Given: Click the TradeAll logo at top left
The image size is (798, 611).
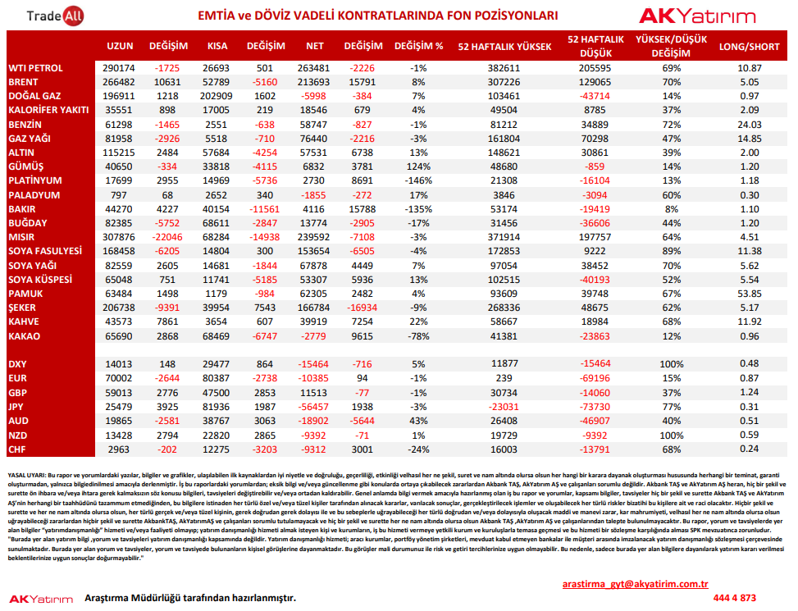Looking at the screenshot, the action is tap(55, 16).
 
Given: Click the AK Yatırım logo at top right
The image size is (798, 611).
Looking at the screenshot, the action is tap(697, 16).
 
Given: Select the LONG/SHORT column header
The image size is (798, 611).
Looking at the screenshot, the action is tap(749, 47).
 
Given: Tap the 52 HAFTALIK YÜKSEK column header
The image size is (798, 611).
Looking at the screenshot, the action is tap(504, 47).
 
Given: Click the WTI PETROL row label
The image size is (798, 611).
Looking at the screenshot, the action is tap(35, 68).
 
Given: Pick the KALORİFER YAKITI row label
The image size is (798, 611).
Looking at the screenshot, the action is tap(48, 110).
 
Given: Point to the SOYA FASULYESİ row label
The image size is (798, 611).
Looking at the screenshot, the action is tap(45, 251).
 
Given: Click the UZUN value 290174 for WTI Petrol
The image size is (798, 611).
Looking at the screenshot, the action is tap(119, 68).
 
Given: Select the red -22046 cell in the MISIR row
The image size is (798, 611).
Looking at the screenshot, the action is tap(167, 237).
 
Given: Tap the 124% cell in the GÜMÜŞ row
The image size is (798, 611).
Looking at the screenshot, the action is tap(418, 166).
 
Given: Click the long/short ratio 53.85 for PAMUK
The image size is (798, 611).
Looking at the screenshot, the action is tap(750, 294).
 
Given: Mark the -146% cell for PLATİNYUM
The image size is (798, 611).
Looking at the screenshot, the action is tap(418, 180).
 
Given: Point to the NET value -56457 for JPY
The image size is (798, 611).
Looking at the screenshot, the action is tap(313, 407).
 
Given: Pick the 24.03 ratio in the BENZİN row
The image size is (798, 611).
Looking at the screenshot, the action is tap(750, 125).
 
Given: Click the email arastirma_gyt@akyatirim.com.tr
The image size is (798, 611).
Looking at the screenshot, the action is tap(635, 584).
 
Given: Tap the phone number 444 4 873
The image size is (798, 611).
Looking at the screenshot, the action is tap(734, 598).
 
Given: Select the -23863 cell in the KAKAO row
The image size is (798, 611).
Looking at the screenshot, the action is tap(595, 336).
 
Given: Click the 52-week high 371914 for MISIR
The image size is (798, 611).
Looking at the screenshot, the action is tap(504, 237).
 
